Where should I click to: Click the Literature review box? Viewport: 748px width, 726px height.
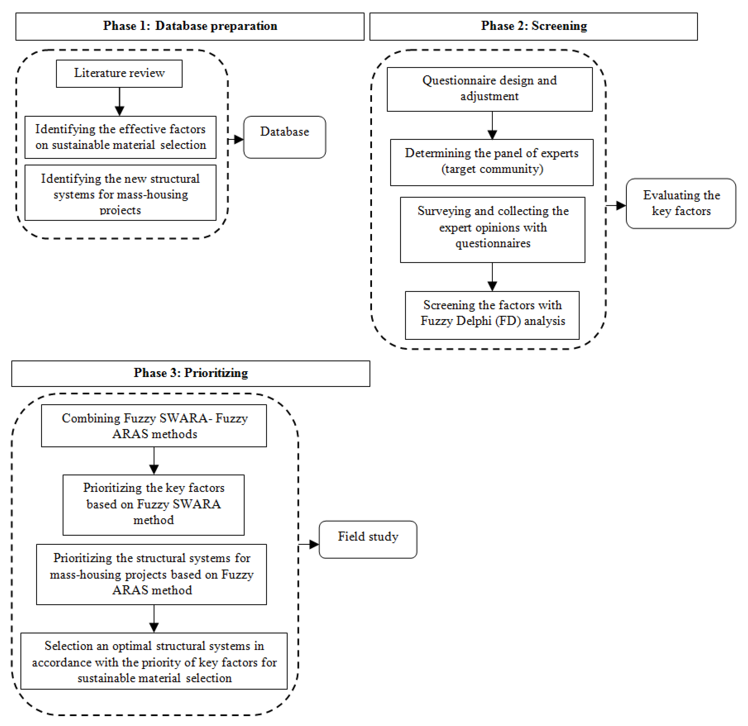point(119,73)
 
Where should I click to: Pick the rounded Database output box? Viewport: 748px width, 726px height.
point(284,137)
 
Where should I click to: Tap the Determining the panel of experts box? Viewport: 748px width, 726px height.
point(491,162)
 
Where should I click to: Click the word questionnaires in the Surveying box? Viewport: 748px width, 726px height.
point(492,243)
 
